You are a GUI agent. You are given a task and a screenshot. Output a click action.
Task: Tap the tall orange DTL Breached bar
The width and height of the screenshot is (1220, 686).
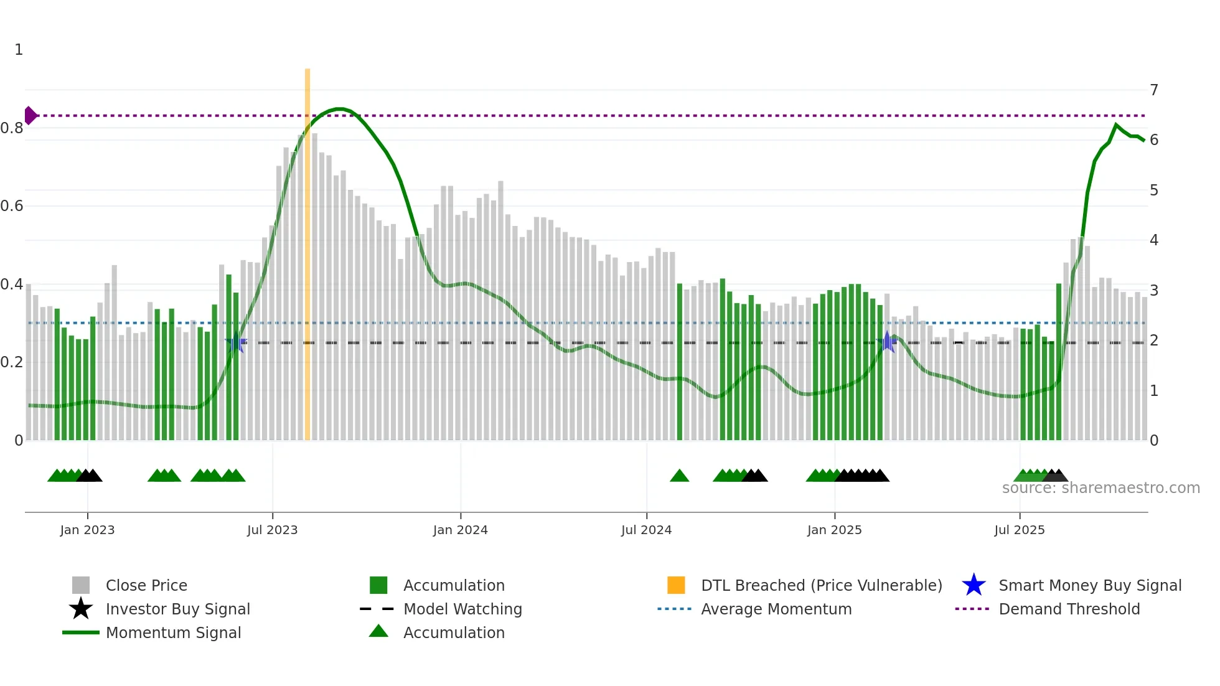307,249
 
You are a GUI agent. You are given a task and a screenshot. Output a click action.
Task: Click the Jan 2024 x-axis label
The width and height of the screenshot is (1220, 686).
460,530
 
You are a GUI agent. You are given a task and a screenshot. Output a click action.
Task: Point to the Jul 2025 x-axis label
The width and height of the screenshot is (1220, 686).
1019,530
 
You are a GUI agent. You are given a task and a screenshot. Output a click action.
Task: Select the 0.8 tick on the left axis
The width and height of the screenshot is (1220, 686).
12,128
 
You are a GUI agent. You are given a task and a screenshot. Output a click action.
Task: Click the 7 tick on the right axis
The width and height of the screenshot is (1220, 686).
1154,90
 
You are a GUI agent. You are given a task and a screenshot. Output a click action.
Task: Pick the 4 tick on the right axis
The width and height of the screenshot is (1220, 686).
1154,240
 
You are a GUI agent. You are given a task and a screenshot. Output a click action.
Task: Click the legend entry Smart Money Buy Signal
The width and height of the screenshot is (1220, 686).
1089,585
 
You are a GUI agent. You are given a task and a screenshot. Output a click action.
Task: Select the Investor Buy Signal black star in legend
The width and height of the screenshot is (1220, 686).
81,609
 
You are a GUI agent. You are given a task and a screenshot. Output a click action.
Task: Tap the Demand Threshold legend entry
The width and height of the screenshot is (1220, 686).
1069,609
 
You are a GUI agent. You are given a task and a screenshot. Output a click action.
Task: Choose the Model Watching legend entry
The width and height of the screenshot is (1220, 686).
462,609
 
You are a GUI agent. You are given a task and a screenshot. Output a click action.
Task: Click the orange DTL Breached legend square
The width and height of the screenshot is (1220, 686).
676,585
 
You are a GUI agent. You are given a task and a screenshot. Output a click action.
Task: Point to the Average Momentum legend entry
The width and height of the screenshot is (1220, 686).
776,609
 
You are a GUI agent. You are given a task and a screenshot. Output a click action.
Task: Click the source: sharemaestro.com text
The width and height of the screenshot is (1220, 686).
1100,488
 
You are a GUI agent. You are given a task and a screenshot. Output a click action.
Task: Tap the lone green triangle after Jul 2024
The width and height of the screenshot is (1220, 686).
679,476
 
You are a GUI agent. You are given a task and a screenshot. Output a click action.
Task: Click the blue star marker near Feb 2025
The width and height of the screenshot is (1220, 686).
887,342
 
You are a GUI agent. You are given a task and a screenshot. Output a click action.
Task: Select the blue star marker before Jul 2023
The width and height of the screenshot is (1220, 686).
235,343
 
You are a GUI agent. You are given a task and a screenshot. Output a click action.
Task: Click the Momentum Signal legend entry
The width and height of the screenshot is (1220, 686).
173,632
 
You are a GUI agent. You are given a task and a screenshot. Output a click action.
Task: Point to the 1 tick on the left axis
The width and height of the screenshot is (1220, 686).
19,50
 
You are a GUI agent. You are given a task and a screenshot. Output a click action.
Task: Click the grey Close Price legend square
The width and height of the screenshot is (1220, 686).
81,585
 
